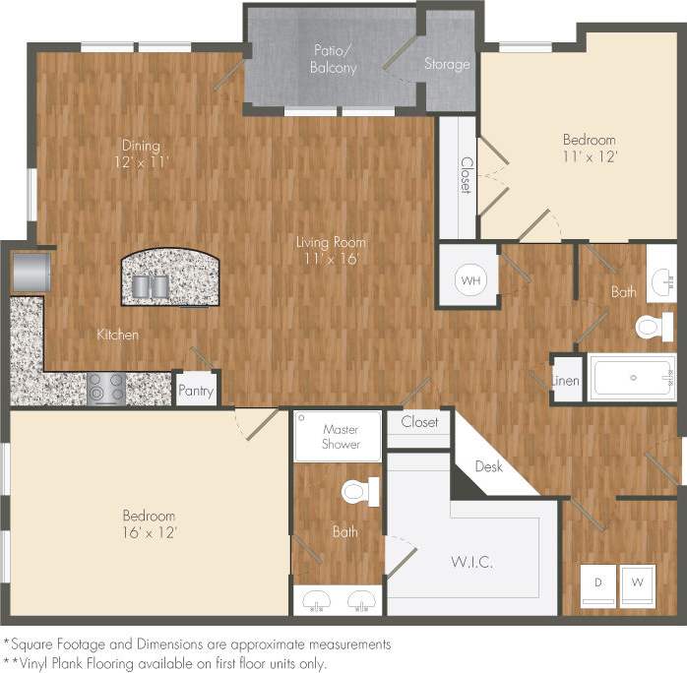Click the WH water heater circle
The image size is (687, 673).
[471, 280]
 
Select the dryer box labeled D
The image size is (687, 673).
[596, 581]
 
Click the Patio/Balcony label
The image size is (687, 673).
[335, 59]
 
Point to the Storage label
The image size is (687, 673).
[447, 65]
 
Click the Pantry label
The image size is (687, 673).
[196, 391]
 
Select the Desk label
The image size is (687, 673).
[488, 466]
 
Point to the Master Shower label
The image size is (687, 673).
[341, 437]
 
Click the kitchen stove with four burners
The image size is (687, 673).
[106, 388]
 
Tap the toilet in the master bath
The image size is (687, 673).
[359, 490]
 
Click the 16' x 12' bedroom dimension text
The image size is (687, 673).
[150, 532]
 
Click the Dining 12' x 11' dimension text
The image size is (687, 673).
[140, 161]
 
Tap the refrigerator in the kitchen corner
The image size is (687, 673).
[31, 273]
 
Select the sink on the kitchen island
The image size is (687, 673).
[152, 285]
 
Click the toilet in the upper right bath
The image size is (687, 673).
[653, 326]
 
